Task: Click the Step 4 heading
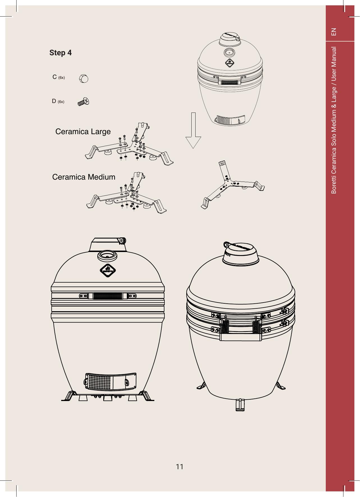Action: pos(60,52)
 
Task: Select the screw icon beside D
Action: pos(83,102)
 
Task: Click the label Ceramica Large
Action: pos(83,131)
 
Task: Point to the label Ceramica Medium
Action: pos(84,177)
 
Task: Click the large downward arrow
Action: pos(193,130)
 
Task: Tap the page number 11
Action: pos(180,467)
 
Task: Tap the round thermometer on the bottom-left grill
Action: pos(107,255)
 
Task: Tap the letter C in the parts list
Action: pos(55,77)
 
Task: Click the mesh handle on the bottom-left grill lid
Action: pos(108,296)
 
